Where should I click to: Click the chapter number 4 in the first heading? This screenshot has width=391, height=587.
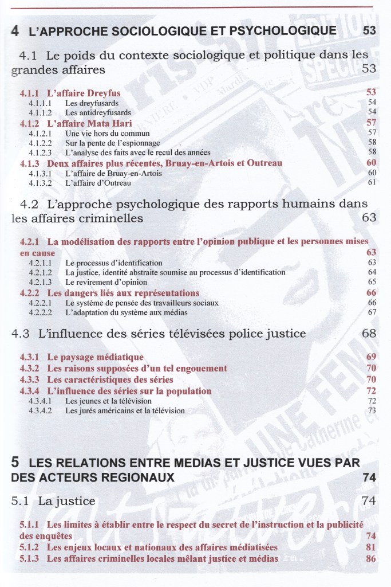point(15,31)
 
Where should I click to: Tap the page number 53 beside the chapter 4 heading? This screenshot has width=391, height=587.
point(369,30)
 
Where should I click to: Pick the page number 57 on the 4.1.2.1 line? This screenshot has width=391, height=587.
point(372,132)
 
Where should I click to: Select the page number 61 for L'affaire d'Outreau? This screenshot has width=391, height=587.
point(372,183)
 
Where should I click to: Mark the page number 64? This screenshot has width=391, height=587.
point(372,272)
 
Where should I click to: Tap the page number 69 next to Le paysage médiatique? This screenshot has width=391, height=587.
point(372,357)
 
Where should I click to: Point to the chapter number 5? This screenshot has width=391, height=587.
point(15,463)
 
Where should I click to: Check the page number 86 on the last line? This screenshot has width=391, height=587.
point(370,558)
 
